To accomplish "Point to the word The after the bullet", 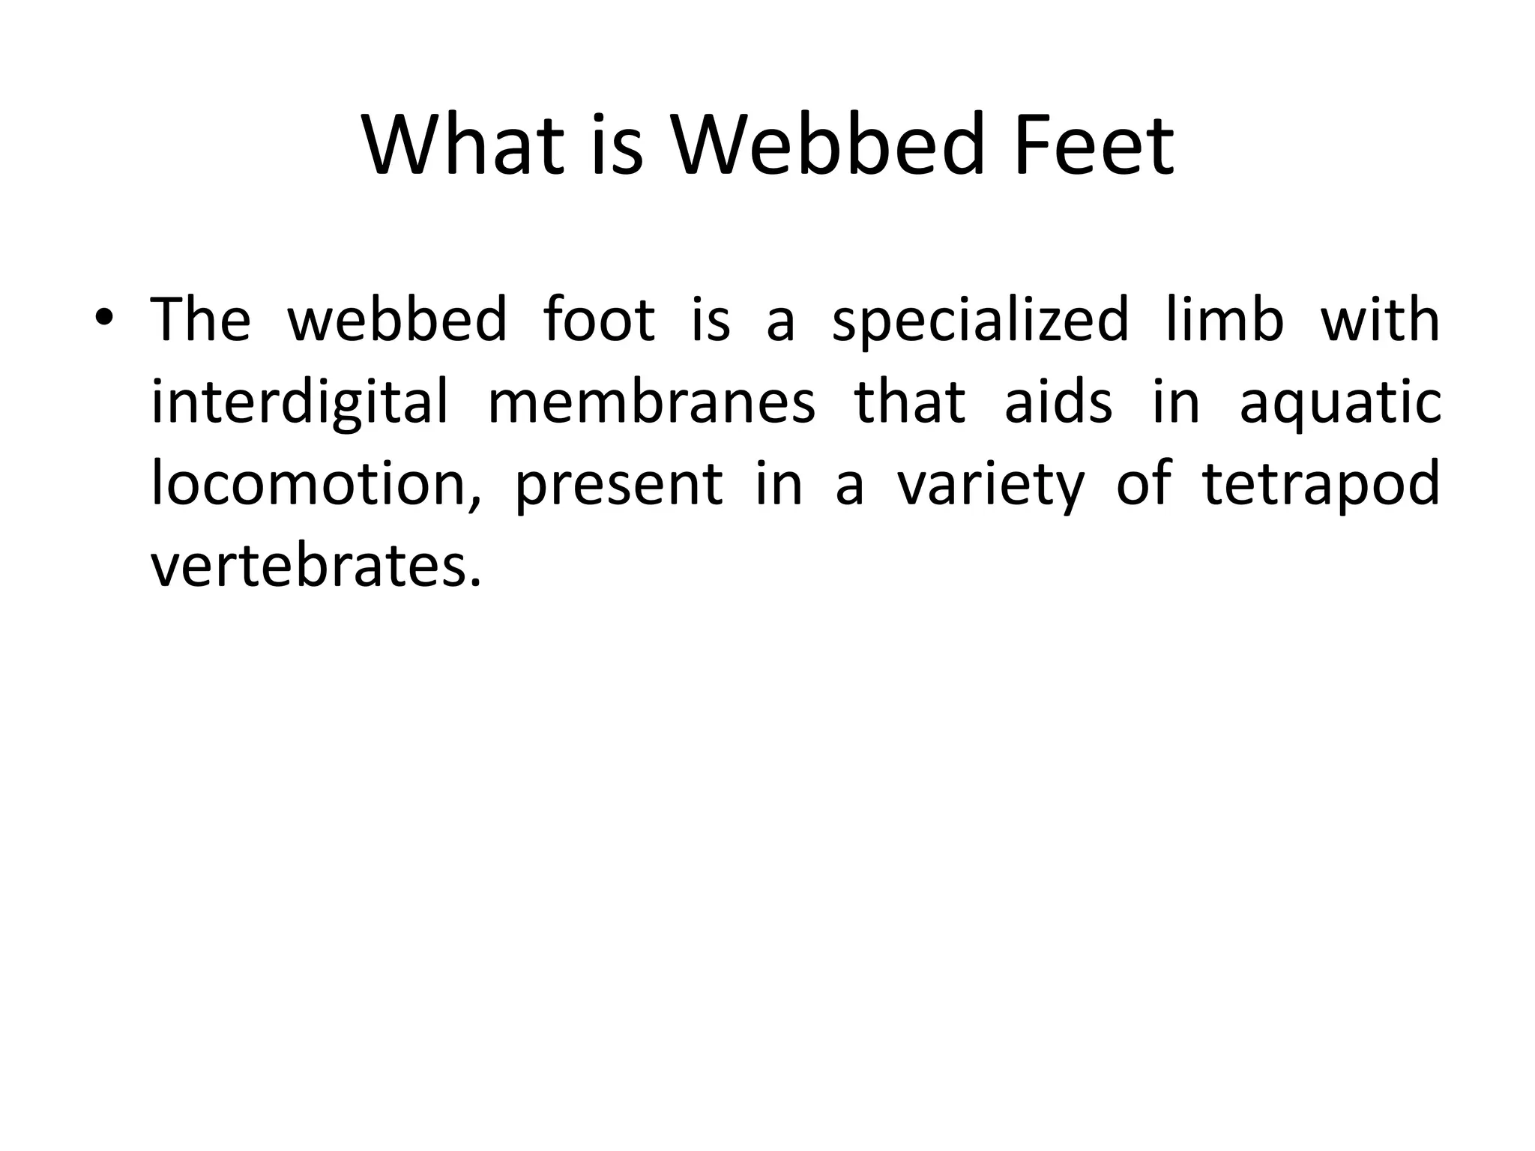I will point(201,321).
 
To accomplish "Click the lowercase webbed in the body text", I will point(397,321).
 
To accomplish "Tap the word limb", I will point(1225,321).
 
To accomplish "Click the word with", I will point(1379,321).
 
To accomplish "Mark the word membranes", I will point(651,403).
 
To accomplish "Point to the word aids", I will point(1058,403).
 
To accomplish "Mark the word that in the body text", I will point(909,403).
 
